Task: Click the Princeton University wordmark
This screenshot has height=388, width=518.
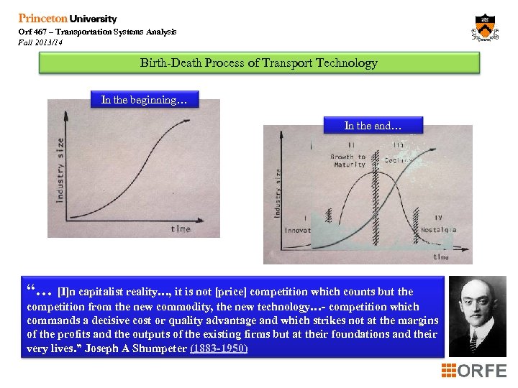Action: pyautogui.click(x=67, y=19)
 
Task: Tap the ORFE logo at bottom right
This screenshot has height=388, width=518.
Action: pyautogui.click(x=474, y=371)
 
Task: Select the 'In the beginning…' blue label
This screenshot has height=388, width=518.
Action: pyautogui.click(x=144, y=100)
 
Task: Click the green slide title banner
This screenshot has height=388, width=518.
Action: pyautogui.click(x=258, y=63)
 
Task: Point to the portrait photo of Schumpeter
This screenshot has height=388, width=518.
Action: pyautogui.click(x=476, y=316)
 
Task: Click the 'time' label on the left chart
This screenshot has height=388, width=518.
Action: pyautogui.click(x=181, y=228)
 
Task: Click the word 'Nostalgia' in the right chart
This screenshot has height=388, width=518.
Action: pyautogui.click(x=438, y=231)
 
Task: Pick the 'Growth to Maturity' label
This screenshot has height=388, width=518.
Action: pyautogui.click(x=348, y=160)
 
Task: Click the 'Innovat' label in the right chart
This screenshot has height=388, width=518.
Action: pyautogui.click(x=297, y=231)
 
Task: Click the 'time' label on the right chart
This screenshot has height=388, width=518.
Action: pyautogui.click(x=441, y=257)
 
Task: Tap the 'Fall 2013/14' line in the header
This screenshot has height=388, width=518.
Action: pyautogui.click(x=40, y=43)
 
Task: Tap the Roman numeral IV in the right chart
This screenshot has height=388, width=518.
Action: pyautogui.click(x=439, y=217)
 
